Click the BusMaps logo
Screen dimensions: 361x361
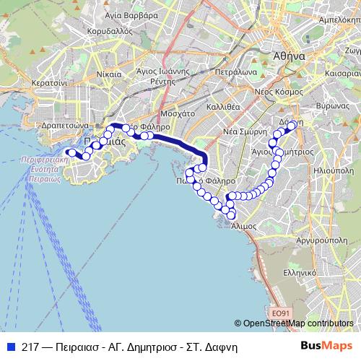326,346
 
